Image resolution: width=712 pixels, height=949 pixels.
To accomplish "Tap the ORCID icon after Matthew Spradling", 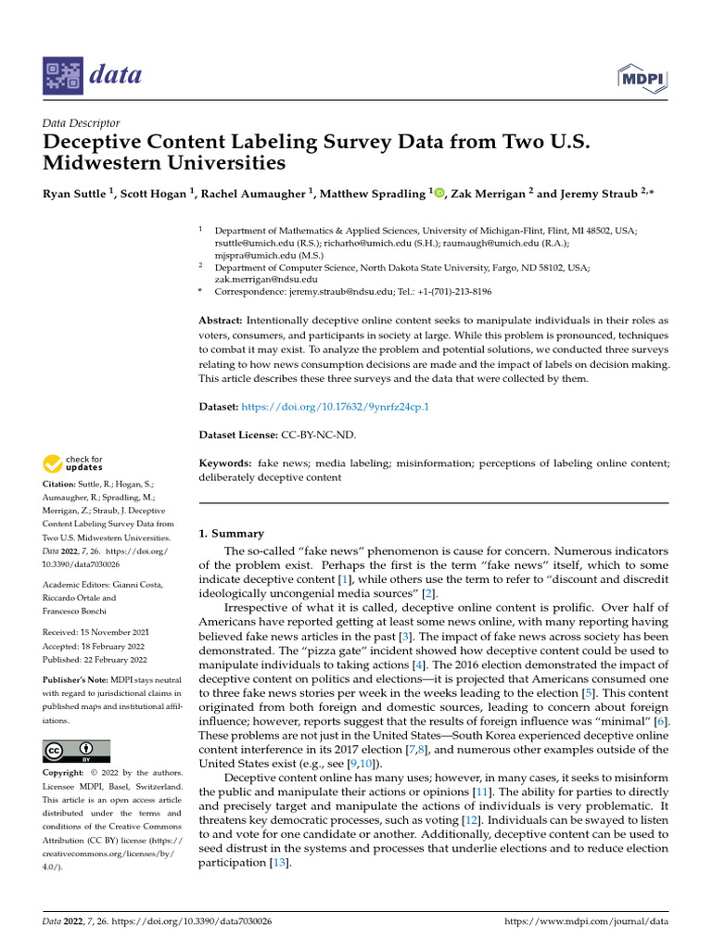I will tap(439, 194).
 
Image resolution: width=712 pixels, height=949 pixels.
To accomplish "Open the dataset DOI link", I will tap(336, 407).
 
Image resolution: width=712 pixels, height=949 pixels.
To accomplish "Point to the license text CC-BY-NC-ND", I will tap(318, 434).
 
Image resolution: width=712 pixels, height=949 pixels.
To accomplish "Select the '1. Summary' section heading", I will tap(232, 534).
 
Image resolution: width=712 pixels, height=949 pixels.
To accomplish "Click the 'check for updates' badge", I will tap(71, 463).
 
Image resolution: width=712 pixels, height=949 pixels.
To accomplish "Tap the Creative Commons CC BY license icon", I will tap(76, 751).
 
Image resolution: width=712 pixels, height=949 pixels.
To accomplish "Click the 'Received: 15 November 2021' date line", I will tap(95, 632).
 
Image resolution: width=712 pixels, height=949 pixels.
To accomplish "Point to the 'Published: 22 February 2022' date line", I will tap(95, 660).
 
